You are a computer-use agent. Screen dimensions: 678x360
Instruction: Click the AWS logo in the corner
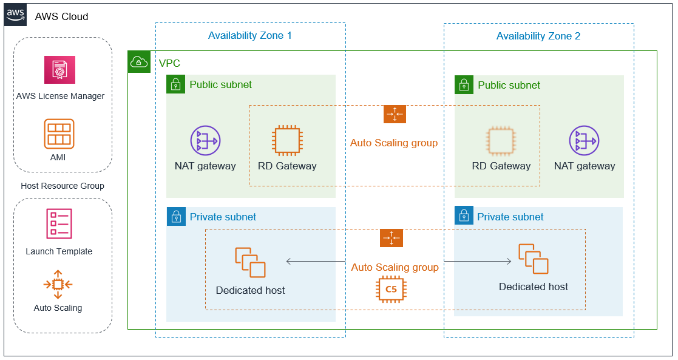pos(16,15)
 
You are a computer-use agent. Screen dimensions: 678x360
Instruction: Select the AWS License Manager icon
pos(59,70)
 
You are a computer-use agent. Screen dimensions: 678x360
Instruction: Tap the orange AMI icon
pos(59,134)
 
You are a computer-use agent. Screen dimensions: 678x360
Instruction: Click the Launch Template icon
pos(59,223)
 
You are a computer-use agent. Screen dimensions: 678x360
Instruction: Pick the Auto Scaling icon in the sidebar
pos(58,284)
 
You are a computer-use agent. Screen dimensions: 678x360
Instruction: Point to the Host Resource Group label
pos(63,186)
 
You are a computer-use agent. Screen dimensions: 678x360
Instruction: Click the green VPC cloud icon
pos(139,62)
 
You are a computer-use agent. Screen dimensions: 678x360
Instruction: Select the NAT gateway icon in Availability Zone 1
pos(205,141)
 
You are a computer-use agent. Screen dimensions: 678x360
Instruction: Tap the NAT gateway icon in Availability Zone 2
pos(584,141)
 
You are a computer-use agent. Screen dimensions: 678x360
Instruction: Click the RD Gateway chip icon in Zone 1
pos(287,141)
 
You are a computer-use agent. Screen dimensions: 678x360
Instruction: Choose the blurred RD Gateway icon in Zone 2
pos(501,141)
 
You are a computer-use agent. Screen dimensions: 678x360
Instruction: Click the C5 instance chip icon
pos(392,289)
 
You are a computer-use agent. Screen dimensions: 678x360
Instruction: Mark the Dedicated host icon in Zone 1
pos(250,262)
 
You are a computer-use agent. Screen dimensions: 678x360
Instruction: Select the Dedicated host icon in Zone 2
pos(534,259)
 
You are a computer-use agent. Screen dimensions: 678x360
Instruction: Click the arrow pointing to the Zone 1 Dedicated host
pos(316,261)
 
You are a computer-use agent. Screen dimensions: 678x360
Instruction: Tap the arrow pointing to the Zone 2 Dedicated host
pos(478,261)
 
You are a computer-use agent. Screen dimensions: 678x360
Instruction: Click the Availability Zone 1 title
pos(250,35)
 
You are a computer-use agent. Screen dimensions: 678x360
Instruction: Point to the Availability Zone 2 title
pos(538,36)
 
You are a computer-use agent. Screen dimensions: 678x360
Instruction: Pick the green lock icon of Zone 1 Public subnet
pos(175,84)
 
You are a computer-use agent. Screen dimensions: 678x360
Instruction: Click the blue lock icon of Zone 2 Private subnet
pos(464,215)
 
